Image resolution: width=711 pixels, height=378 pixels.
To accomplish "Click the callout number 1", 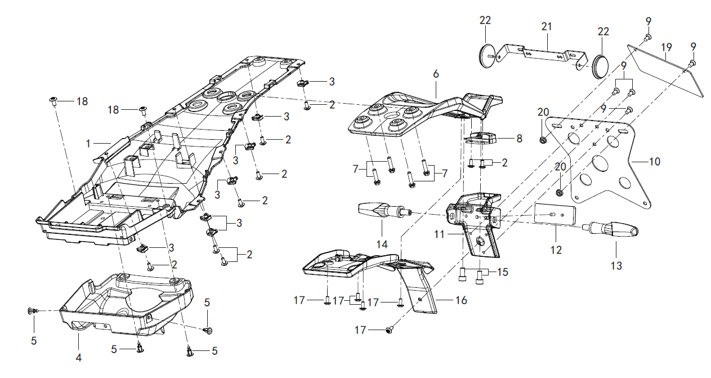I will point(88,144).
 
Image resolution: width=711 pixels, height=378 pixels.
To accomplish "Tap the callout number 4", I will point(79,357).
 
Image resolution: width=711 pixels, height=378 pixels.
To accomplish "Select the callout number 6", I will point(435,74).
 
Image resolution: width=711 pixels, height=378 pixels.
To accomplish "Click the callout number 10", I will point(654,162).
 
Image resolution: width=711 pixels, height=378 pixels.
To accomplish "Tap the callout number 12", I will point(556,250).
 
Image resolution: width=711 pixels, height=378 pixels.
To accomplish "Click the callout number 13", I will point(616,265).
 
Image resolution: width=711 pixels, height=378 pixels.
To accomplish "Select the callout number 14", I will point(382,244).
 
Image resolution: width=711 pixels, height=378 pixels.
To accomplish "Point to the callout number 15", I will point(502,272).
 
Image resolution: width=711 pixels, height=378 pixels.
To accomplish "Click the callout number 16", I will point(461,300).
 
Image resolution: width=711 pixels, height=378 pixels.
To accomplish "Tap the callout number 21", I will point(547,26).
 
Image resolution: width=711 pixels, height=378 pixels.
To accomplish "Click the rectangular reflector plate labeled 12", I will point(555,215).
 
